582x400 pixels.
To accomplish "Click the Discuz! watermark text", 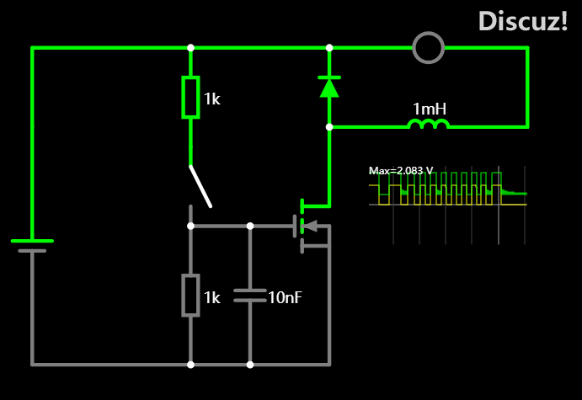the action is point(522,21).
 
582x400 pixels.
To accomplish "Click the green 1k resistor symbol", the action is point(190,97).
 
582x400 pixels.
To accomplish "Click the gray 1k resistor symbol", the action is point(190,296).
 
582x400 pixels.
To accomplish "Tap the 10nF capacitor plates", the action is point(250,296).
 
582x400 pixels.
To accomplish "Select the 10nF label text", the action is point(285,297).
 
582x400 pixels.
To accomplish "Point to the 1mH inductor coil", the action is point(429,124).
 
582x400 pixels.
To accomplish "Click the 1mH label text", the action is point(430,109).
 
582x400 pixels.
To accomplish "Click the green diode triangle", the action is point(329,88).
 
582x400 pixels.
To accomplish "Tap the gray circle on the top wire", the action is point(429,48).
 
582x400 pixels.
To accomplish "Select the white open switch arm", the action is point(200,186).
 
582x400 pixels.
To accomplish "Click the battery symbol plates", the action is point(32,246).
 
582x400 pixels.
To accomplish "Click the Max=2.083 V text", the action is point(401,170).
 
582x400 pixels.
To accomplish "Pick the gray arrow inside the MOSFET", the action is point(310,226).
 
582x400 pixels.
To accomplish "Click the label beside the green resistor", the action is point(212,99).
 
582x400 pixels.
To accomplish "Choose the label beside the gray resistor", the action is point(212,297).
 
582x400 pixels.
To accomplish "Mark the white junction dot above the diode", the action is point(329,48).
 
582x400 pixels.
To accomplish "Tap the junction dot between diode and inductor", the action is point(329,127).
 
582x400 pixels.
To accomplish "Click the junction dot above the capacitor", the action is point(250,226).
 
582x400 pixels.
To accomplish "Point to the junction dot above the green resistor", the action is point(190,48).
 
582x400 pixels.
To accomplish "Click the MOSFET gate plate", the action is point(295,226).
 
